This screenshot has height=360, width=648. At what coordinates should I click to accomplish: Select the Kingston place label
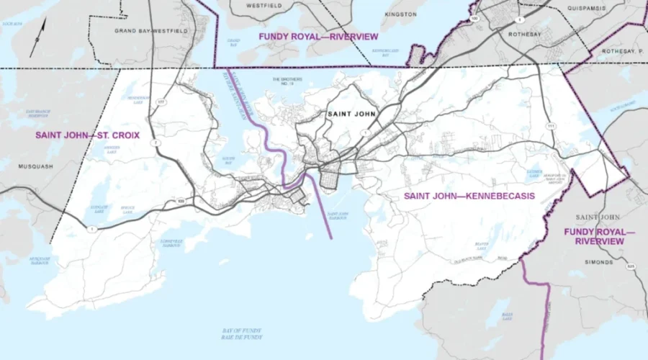click(x=400, y=14)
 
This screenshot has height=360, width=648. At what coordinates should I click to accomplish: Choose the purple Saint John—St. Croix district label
click(x=87, y=135)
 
